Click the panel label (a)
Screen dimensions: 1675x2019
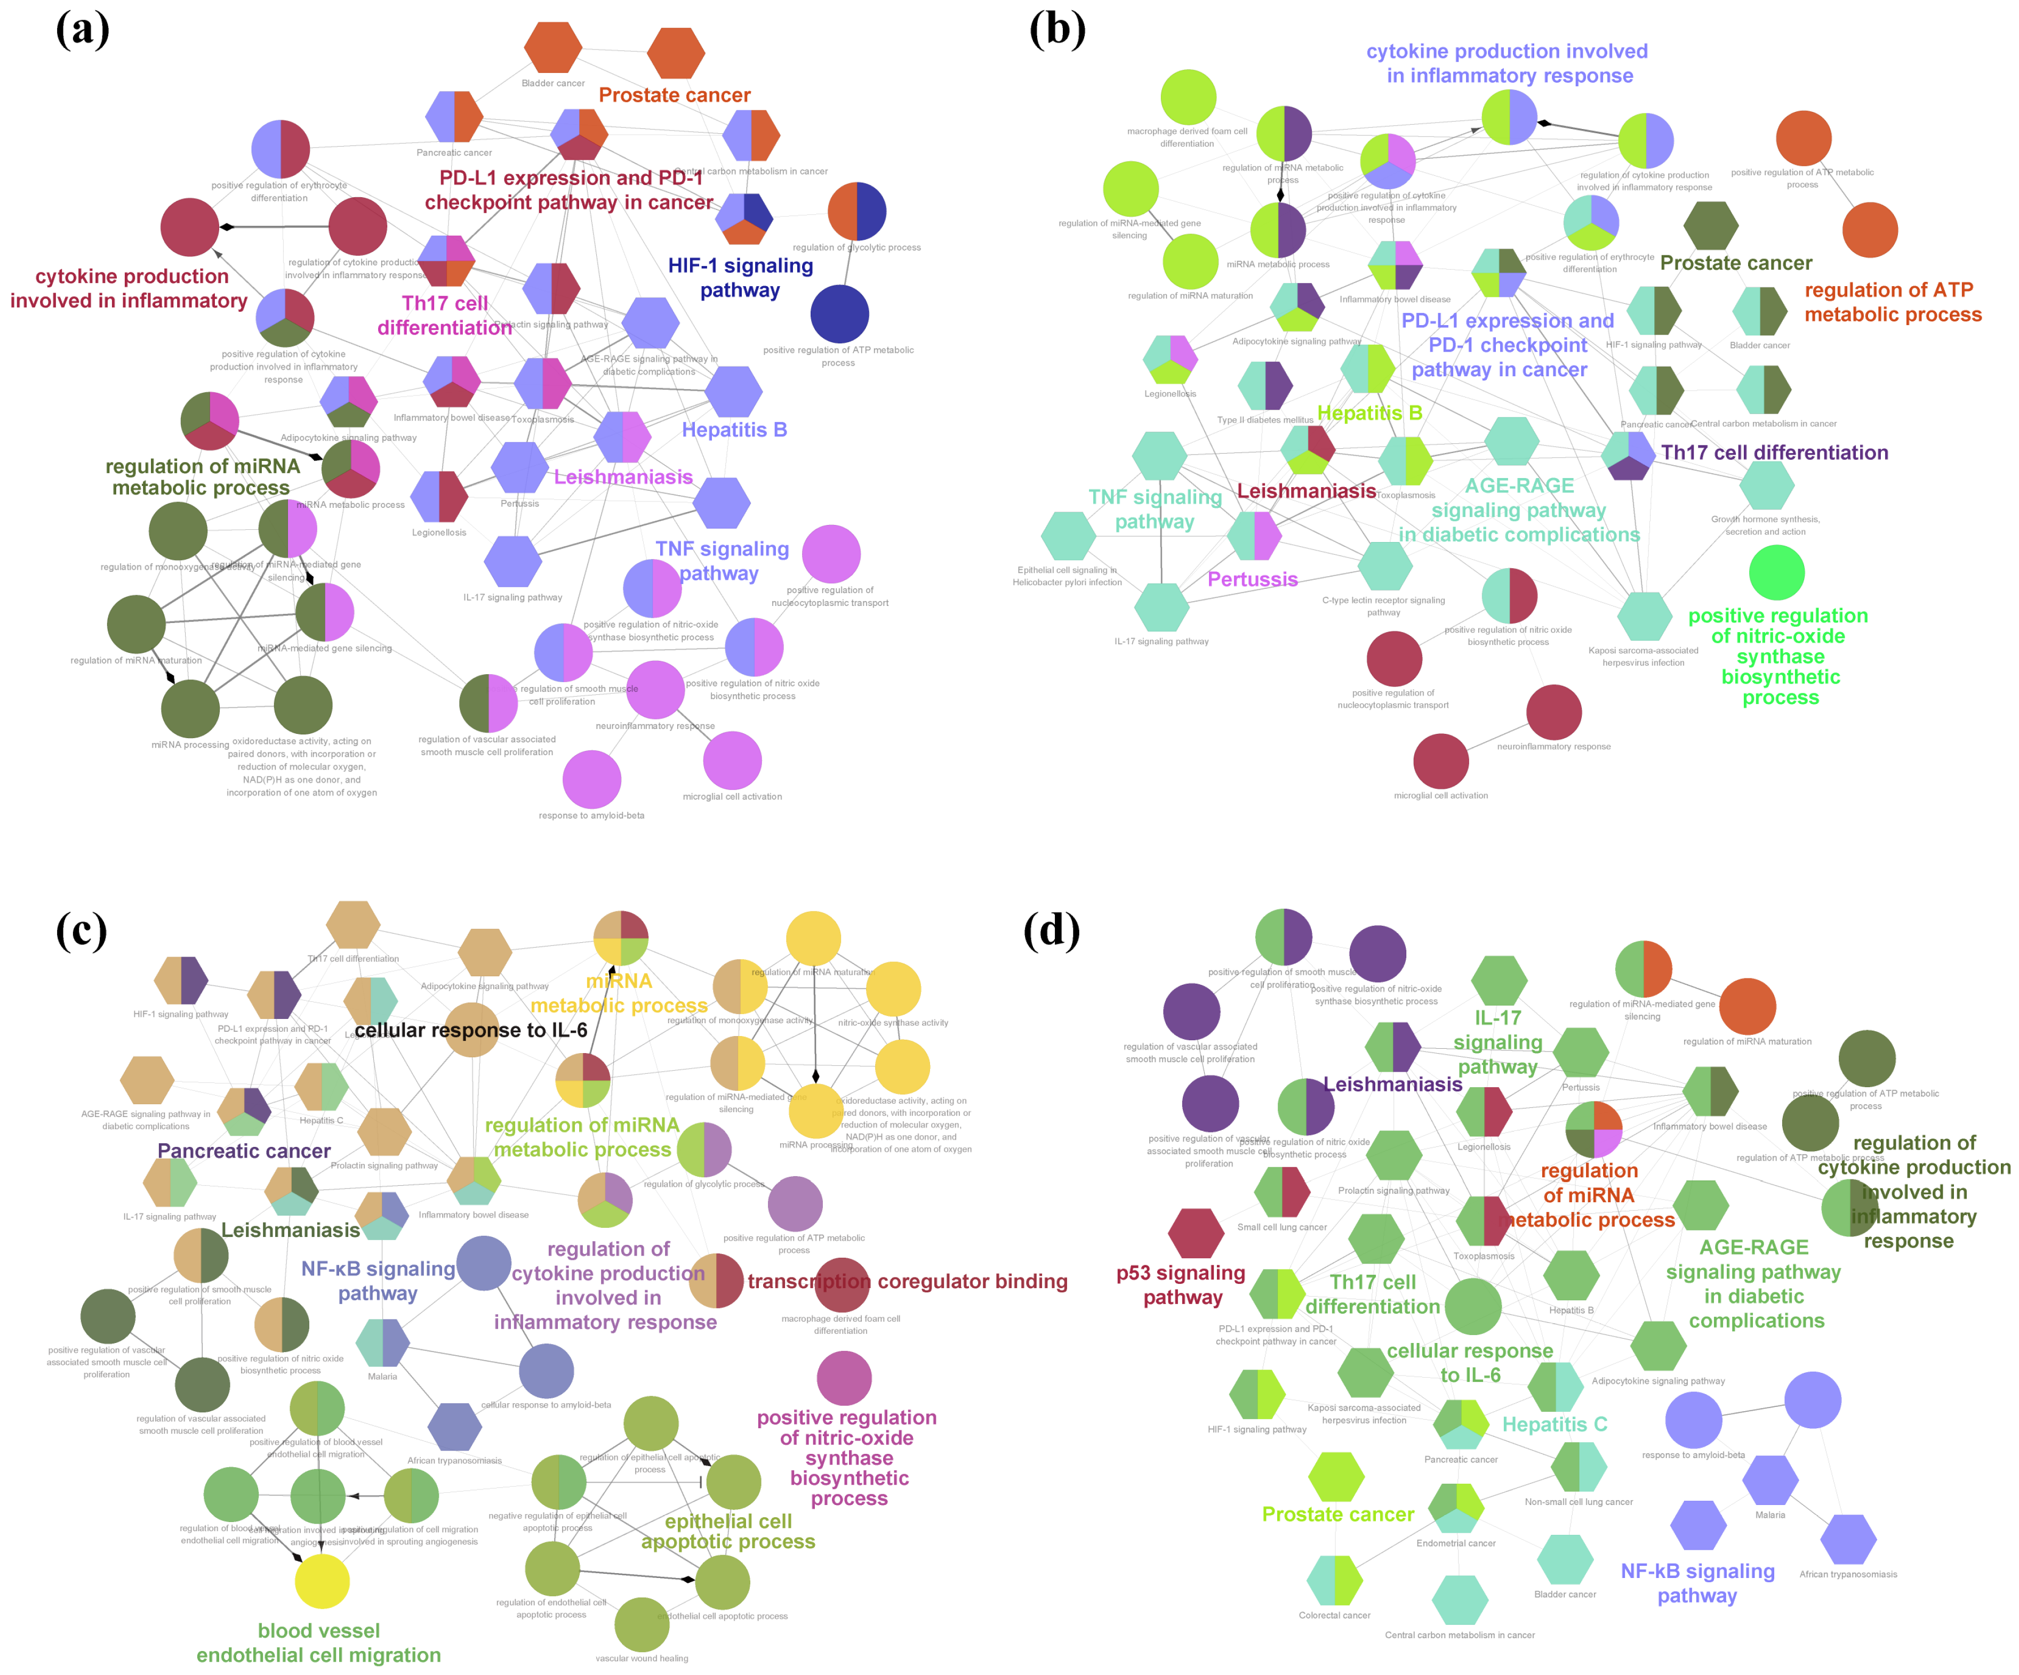[83, 29]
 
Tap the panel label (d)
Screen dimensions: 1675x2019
[1051, 930]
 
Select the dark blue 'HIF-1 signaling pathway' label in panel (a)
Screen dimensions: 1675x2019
[740, 278]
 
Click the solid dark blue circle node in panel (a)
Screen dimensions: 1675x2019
[839, 313]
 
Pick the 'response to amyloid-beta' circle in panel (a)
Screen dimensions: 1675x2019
[591, 779]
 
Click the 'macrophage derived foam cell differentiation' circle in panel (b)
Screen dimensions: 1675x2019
[1188, 97]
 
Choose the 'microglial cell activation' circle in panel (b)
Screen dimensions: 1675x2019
[1440, 761]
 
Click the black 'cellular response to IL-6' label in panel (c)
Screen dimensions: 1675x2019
[470, 1030]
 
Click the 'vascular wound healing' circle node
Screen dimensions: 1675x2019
[642, 1624]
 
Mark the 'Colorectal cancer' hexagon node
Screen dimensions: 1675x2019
[1334, 1580]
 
